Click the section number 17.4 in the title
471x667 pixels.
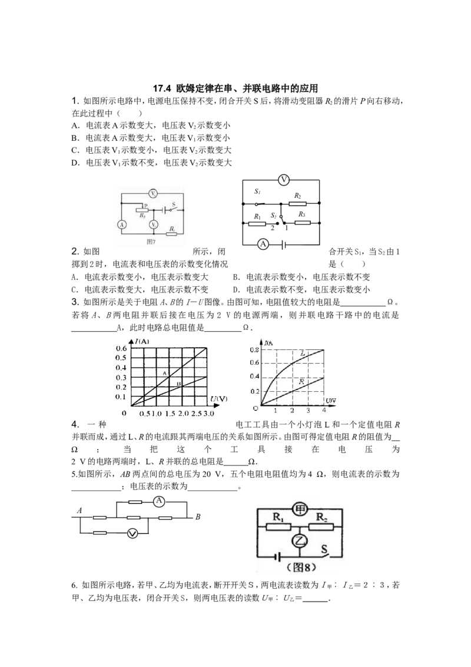(x=161, y=88)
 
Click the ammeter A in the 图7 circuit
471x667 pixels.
(x=122, y=224)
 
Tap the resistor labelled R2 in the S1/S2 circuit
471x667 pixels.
(x=297, y=203)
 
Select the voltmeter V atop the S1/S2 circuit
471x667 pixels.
(x=284, y=180)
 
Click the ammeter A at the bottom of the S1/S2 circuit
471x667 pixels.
(x=263, y=244)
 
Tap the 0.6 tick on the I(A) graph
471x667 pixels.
(x=121, y=348)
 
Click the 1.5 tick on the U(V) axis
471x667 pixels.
(x=170, y=414)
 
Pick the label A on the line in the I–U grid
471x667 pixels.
(x=165, y=373)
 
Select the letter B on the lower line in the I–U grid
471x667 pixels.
(x=178, y=384)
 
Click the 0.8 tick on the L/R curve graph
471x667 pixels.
(x=254, y=349)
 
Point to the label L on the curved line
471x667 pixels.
(x=303, y=354)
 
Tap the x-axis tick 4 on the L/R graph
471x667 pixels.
(x=324, y=411)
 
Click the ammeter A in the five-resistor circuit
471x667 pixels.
(x=159, y=501)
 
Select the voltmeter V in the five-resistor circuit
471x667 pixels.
(x=132, y=533)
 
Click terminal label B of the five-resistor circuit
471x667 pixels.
(x=198, y=517)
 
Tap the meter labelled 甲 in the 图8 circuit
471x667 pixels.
(x=300, y=509)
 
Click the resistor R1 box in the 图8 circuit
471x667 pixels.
(x=277, y=527)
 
